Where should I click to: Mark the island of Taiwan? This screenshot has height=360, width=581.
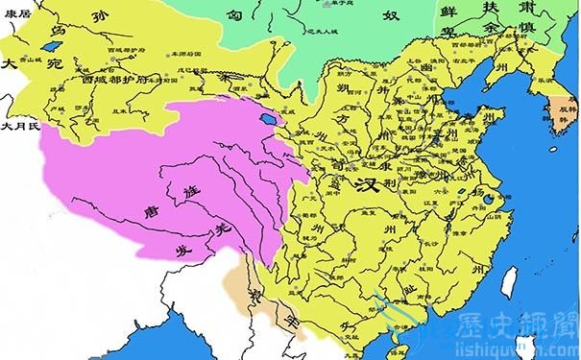point(510,279)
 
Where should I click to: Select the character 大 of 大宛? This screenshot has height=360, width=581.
point(12,66)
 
